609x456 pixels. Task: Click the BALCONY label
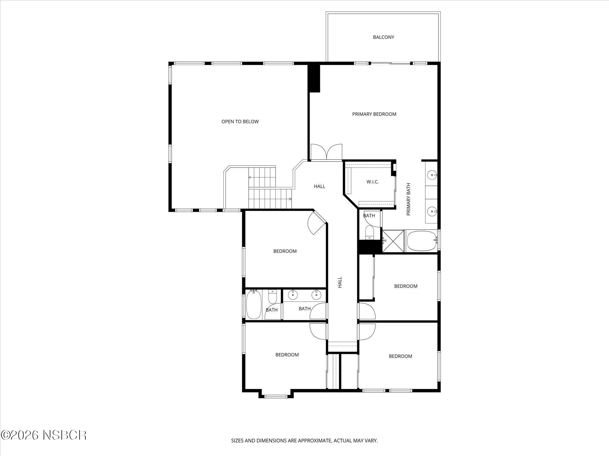pos(383,37)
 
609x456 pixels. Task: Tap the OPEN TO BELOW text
pos(240,122)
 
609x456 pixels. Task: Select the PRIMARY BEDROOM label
pos(374,114)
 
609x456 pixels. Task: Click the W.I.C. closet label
pos(372,182)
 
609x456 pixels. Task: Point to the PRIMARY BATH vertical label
pos(409,199)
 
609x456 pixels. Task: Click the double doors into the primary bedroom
pos(326,152)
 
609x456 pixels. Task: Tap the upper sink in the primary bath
pos(432,175)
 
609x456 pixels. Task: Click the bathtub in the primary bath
pos(422,241)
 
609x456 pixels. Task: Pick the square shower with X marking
pos(393,241)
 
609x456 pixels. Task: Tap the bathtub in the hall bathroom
pos(254,304)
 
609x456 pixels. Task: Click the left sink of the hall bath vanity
pos(293,294)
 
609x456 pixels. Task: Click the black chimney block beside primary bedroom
pos(314,78)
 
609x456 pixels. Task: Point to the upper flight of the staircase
pos(262,177)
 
